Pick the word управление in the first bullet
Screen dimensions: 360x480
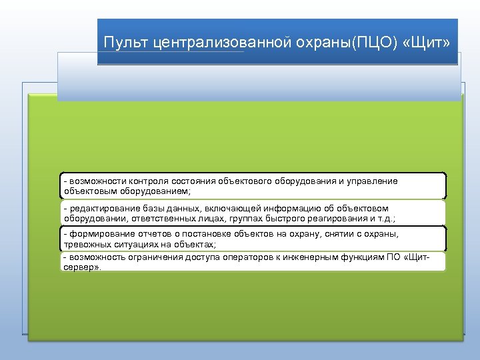[x=371, y=181]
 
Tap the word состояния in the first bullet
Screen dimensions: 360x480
[x=193, y=181]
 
